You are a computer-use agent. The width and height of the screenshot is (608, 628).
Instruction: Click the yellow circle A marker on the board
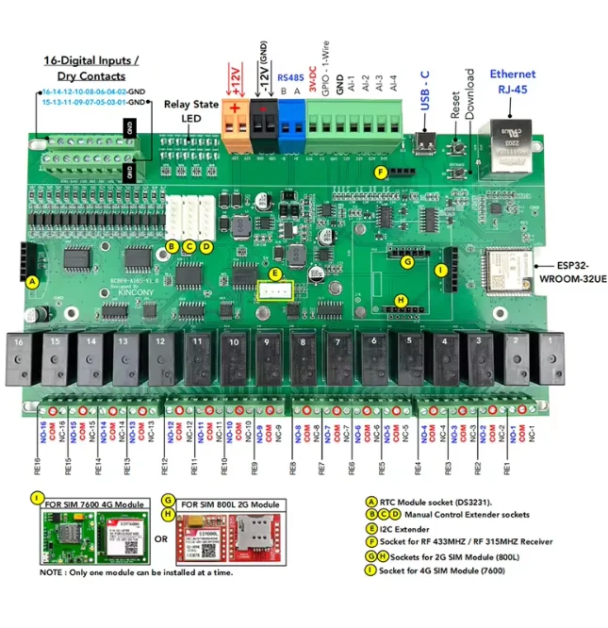33,281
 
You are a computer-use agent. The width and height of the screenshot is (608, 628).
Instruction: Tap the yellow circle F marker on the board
380,173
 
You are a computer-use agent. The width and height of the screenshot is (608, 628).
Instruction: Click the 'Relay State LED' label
191,112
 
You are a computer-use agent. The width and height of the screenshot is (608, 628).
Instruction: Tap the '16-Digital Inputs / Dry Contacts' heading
91,68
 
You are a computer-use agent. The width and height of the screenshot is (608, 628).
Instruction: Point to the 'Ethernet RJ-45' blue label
512,82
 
